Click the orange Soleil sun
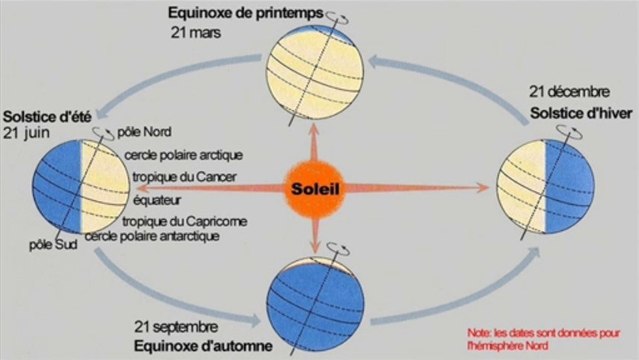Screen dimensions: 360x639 (320, 186)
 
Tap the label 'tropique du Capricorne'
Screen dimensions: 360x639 (184, 221)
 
